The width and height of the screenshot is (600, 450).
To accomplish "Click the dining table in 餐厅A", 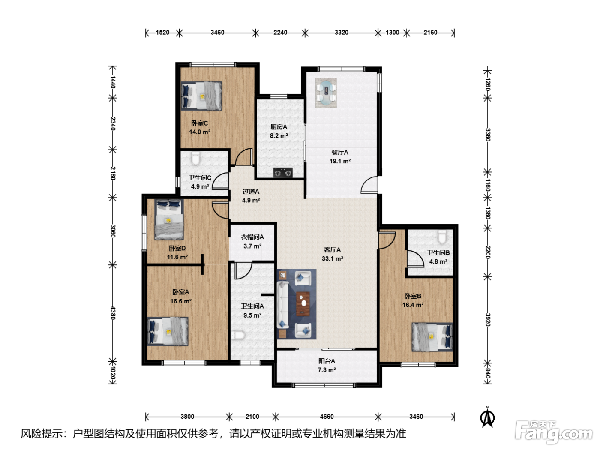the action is pos(326,93).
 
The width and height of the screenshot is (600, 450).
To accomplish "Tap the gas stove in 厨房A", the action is pos(283,173).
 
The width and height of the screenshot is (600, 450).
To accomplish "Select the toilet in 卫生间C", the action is pos(195,159).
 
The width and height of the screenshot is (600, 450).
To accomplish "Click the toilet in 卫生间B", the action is pos(442,237).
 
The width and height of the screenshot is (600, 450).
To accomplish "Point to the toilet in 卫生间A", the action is pos(238,335).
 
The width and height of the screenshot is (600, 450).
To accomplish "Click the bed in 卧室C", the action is pos(201,96).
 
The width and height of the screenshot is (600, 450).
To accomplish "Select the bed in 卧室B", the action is pos(432,337).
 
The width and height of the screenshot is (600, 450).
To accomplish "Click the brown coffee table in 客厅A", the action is pos(303,304).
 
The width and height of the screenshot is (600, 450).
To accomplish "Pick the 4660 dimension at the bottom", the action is pos(327,417).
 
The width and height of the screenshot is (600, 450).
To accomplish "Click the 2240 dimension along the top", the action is pos(280,33).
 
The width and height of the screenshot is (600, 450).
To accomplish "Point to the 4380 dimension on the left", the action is pos(113,313).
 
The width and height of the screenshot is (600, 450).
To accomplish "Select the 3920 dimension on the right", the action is pos(488,320).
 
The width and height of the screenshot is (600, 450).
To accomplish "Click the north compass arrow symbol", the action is pos(487,417).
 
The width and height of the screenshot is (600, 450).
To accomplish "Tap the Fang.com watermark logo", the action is pos(553,432).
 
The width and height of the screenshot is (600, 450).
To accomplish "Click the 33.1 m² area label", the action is pos(333,259).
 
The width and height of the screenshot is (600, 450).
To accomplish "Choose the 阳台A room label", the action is pos(327,361).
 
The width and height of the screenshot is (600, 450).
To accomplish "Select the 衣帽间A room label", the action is pos(252,237).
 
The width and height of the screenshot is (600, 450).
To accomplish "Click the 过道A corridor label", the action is pos(251,192).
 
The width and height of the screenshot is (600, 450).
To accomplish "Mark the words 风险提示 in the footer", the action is pos(42,434).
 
